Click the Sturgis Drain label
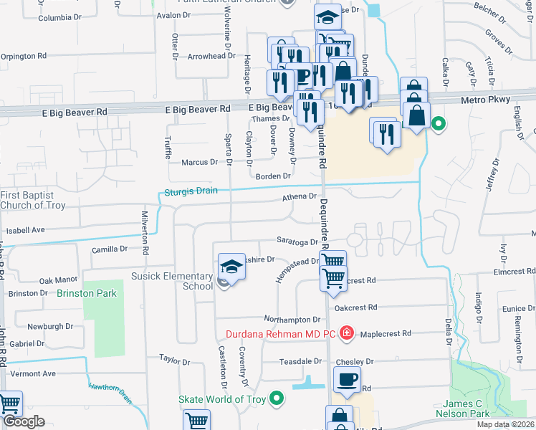pyautogui.click(x=187, y=191)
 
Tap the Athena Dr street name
pyautogui.click(x=300, y=196)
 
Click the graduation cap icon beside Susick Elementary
pyautogui.click(x=231, y=267)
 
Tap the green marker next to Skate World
pyautogui.click(x=277, y=399)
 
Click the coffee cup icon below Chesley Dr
pyautogui.click(x=347, y=379)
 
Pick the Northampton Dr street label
pyautogui.click(x=291, y=320)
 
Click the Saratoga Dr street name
pyautogui.click(x=298, y=242)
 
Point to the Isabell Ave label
pyautogui.click(x=26, y=231)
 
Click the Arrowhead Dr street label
pyautogui.click(x=206, y=57)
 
